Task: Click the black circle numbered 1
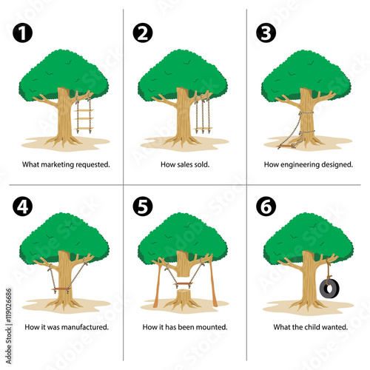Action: pyautogui.click(x=22, y=33)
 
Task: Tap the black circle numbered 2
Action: pyautogui.click(x=143, y=33)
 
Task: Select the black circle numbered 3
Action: pyautogui.click(x=266, y=33)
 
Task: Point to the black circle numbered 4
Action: pyautogui.click(x=22, y=206)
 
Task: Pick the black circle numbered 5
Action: pyautogui.click(x=143, y=206)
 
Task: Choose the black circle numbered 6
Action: pyautogui.click(x=266, y=206)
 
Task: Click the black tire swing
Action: pyautogui.click(x=329, y=289)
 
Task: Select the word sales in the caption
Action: pyautogui.click(x=184, y=164)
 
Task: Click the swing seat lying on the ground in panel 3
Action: pyautogui.click(x=286, y=147)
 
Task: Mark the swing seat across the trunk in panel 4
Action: pyautogui.click(x=61, y=289)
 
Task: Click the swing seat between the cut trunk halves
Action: pyautogui.click(x=183, y=284)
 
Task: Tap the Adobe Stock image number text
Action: pyautogui.click(x=8, y=306)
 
